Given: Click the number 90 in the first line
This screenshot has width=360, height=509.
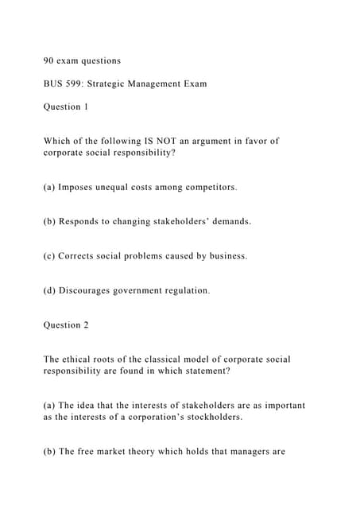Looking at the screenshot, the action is tap(49, 60).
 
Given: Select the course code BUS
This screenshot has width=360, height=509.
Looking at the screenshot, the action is tap(54, 83).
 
